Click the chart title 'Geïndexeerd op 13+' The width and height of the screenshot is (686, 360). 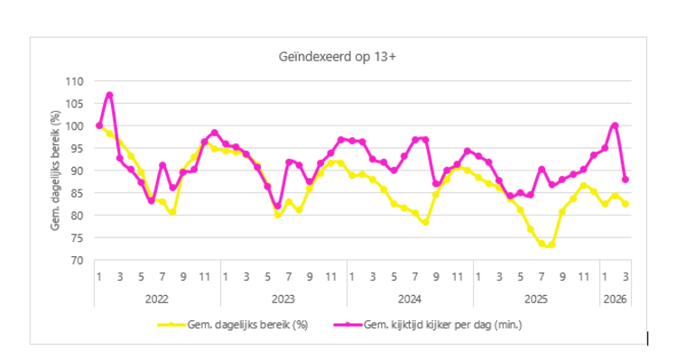338,57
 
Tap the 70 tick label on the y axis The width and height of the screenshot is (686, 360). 76,261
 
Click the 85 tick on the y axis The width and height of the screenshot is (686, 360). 76,193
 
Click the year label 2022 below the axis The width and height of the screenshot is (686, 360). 157,295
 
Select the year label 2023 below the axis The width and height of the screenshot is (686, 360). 283,295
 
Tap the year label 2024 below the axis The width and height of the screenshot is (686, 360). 410,295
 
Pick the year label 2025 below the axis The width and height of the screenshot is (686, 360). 536,295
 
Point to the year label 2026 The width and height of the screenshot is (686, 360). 615,295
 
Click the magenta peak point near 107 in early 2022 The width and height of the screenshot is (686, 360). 109,95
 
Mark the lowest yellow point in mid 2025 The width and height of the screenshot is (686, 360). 552,245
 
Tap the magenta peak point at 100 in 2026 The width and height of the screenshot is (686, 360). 615,125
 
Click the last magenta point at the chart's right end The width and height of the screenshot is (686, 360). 626,180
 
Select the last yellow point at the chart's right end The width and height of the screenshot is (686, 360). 626,204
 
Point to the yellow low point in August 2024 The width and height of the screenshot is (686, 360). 425,222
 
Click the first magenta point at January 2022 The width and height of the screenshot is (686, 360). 99,125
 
